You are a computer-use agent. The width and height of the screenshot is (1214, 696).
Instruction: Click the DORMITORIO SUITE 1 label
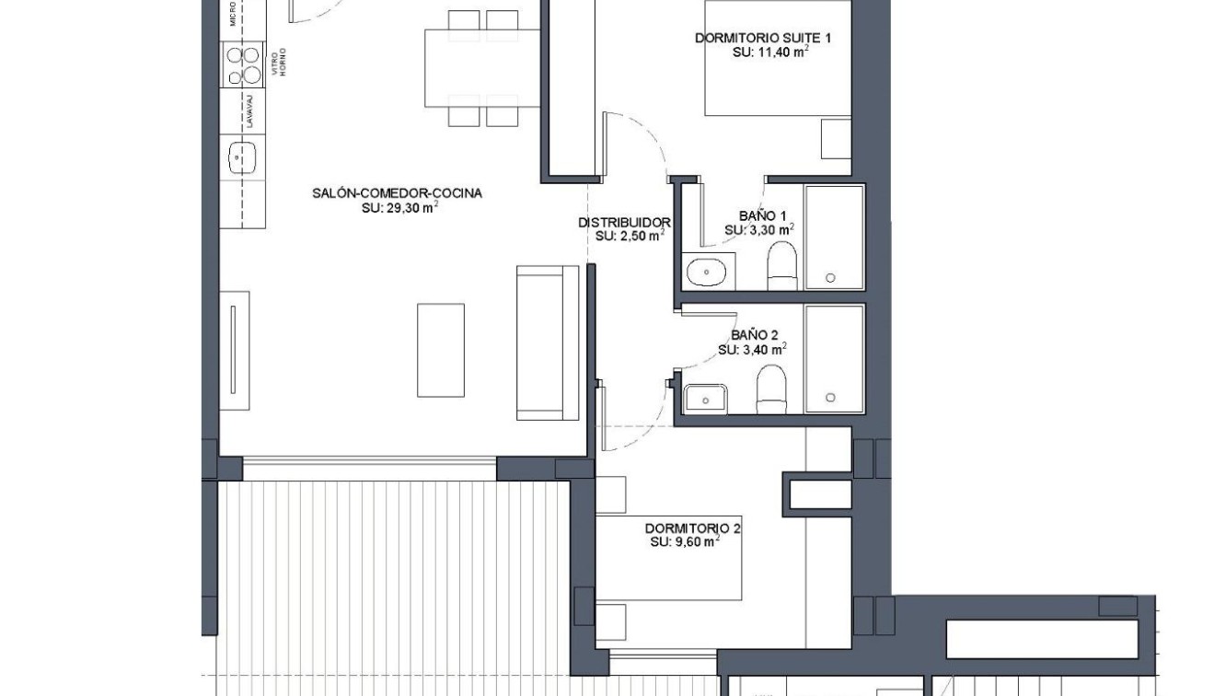(763, 38)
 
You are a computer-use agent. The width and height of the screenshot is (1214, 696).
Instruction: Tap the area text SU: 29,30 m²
(399, 208)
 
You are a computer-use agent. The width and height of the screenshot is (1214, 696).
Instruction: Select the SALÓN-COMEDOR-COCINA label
(397, 193)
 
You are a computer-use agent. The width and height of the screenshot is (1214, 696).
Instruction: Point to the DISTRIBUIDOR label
(623, 222)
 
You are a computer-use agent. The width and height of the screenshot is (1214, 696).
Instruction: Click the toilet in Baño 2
(770, 389)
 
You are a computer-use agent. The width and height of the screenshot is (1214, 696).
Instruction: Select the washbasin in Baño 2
(705, 399)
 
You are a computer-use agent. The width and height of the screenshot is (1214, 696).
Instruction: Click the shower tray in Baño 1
(834, 238)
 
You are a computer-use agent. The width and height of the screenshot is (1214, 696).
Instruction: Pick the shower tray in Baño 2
(834, 359)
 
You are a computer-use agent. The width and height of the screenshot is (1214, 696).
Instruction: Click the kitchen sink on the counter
(242, 157)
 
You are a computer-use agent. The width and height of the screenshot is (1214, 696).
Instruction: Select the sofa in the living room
(548, 342)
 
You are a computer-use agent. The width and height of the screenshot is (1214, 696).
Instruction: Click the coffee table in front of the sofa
(440, 350)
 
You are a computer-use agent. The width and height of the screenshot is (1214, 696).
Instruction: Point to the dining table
(482, 67)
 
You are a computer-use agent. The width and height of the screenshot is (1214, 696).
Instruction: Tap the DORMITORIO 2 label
(692, 528)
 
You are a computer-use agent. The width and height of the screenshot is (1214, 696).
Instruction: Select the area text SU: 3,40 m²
(752, 350)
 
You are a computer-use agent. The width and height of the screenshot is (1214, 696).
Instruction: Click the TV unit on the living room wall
(235, 351)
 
